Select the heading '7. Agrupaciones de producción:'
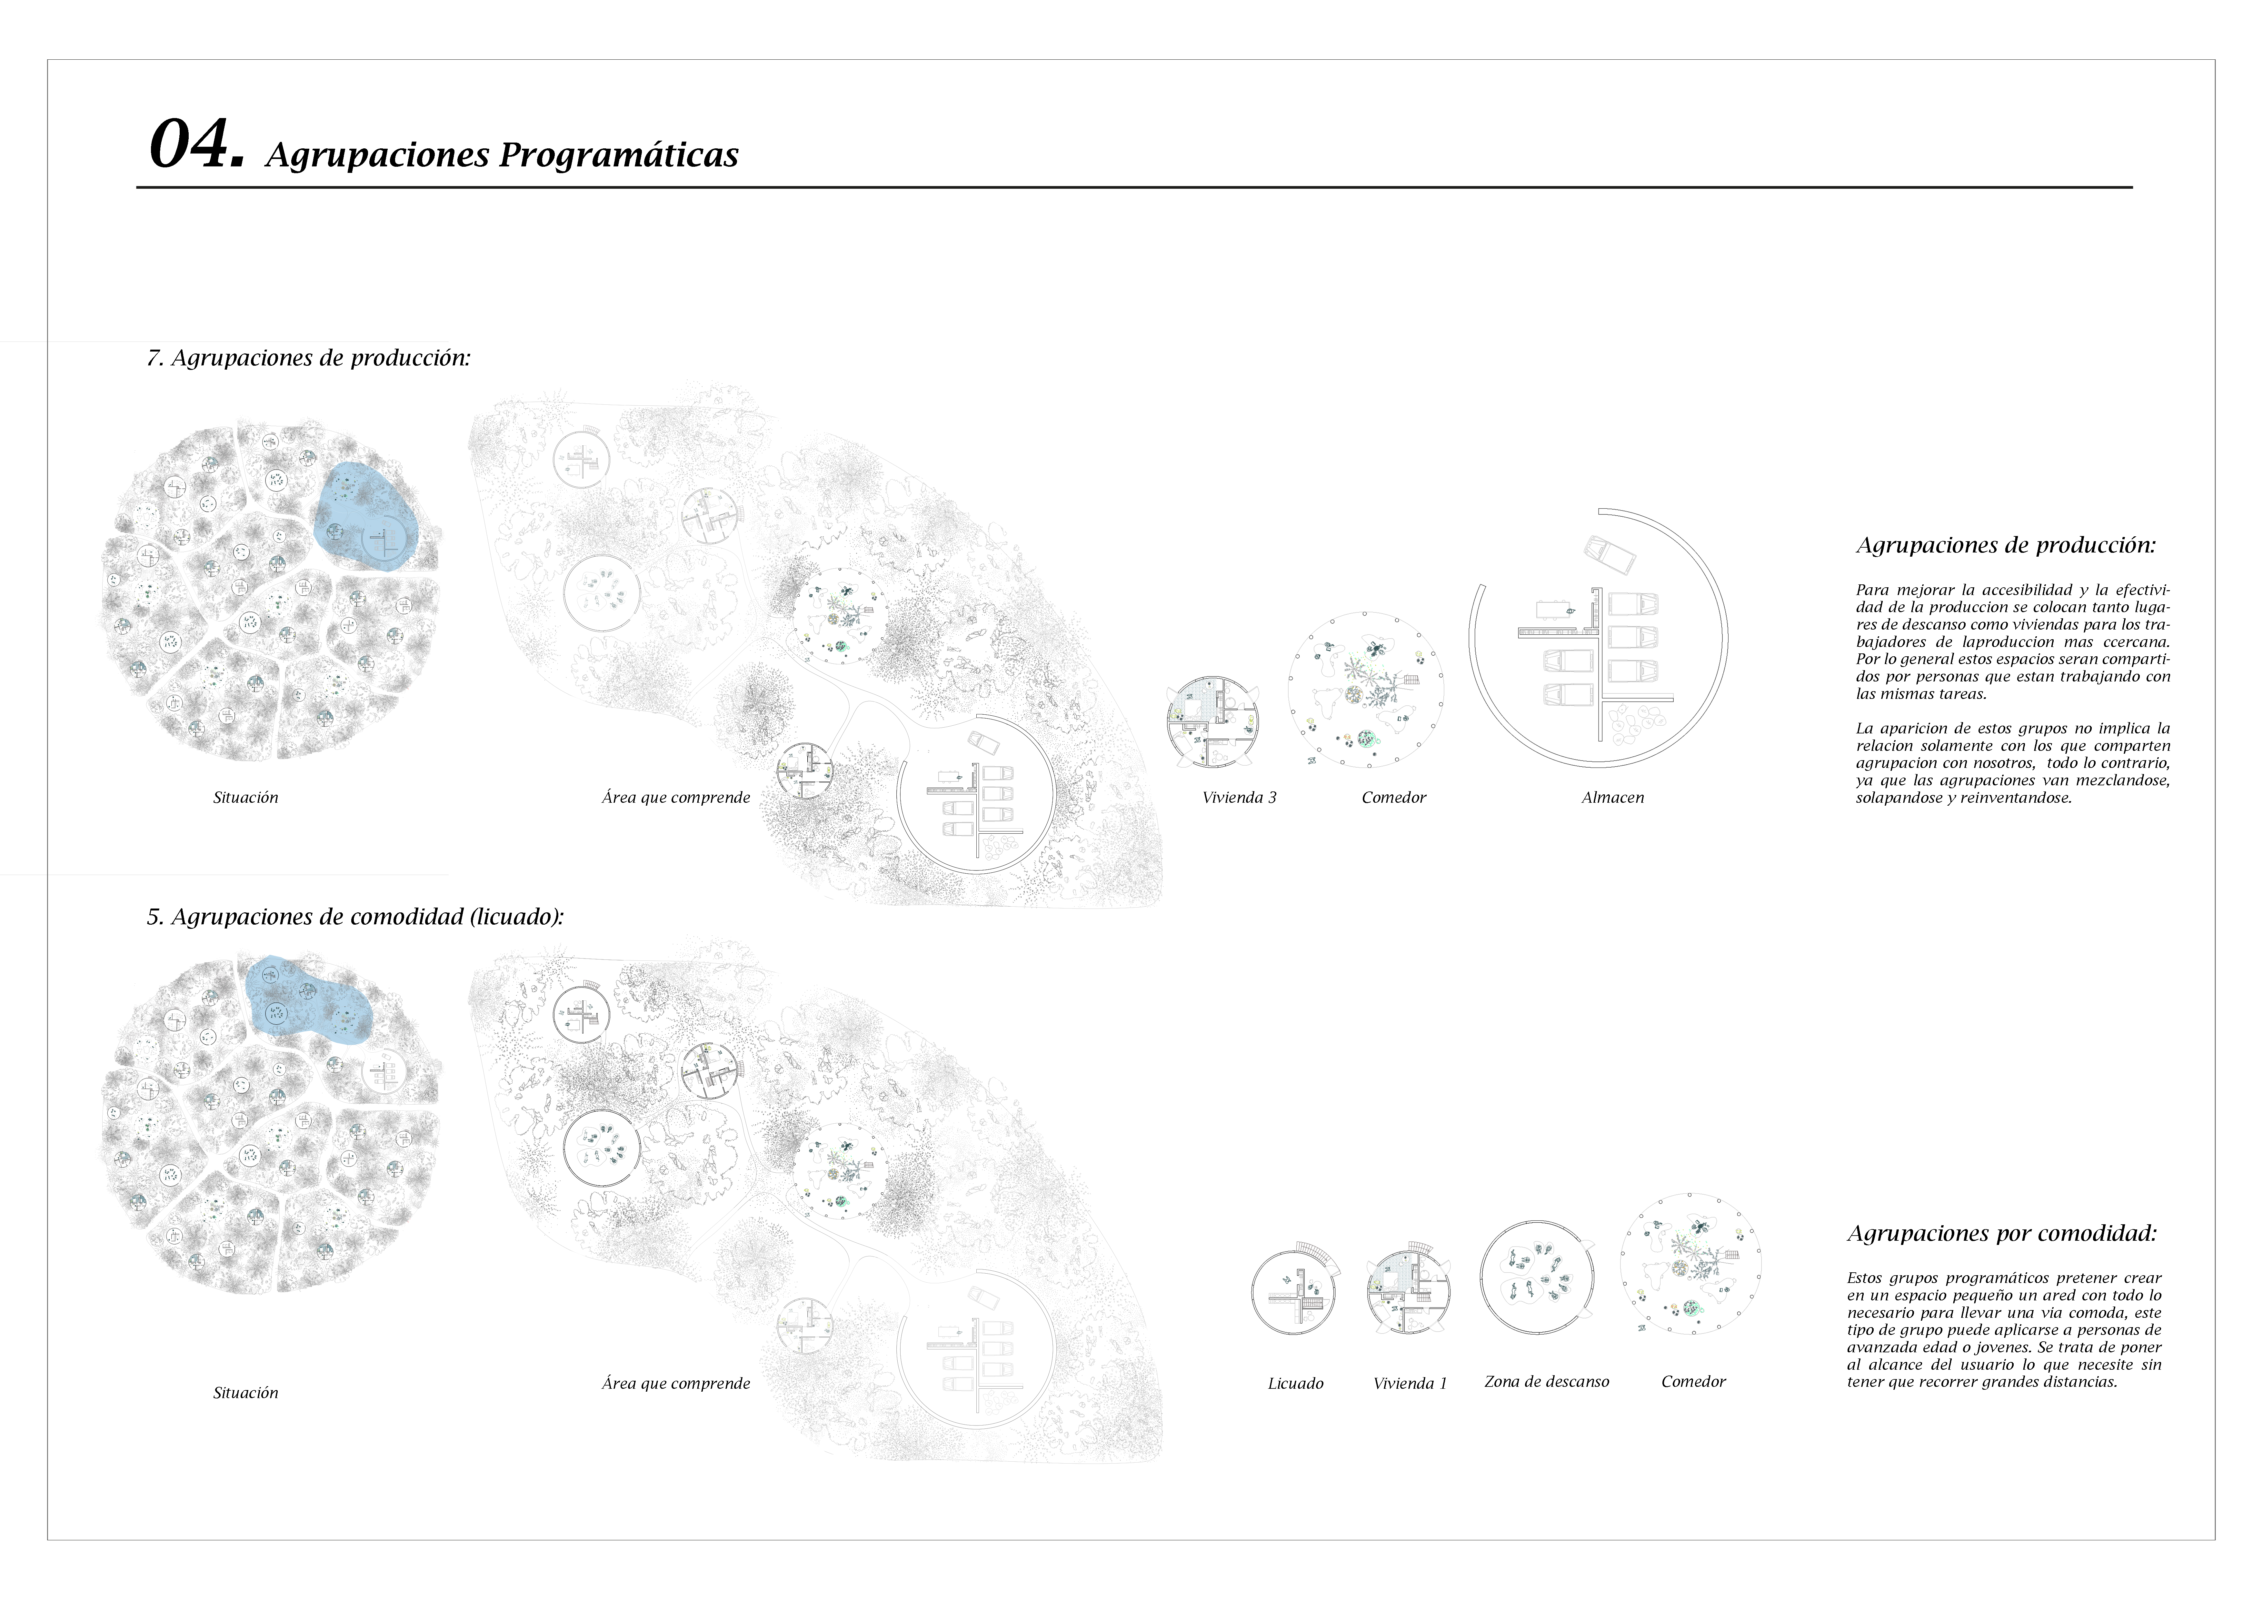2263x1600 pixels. tap(308, 358)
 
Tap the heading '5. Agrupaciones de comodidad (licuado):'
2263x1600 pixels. tap(355, 917)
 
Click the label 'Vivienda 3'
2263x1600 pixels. tap(1239, 798)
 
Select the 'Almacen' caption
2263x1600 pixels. tap(1612, 798)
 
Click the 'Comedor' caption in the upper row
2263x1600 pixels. tap(1394, 798)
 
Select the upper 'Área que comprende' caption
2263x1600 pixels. tap(676, 798)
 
